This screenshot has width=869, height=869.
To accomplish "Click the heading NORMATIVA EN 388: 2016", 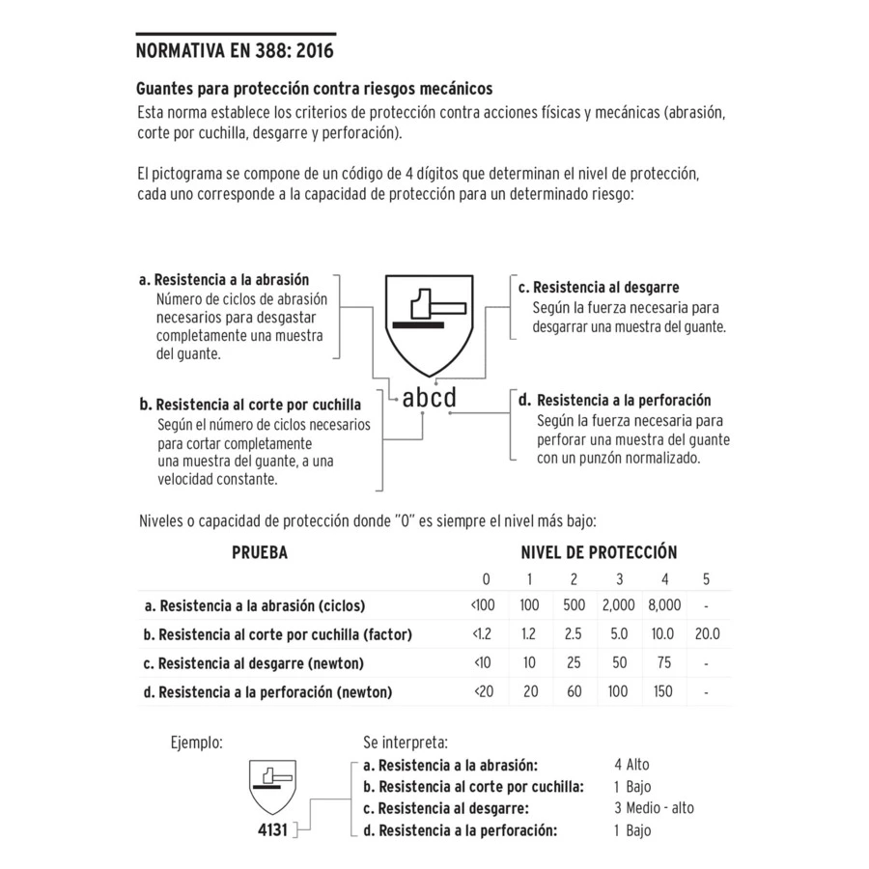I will pos(236,50).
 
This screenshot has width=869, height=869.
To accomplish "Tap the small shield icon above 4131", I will pos(272,786).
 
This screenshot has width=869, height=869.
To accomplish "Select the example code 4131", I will pos(272,829).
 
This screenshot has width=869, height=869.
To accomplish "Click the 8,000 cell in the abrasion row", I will pos(664,605).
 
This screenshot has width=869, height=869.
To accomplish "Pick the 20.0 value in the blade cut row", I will pos(707,634).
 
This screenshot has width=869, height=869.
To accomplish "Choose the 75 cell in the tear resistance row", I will pos(664,663).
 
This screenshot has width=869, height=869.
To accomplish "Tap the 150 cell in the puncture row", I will pos(664,691).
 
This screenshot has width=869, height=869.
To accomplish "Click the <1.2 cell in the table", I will pos(482,634).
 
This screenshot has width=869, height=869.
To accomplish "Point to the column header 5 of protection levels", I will pos(707,579).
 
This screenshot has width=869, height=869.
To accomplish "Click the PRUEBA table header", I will pos(260,553).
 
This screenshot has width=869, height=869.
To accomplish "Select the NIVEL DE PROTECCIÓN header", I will pos(599,553).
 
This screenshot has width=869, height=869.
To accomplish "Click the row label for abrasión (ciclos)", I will pos(255,606).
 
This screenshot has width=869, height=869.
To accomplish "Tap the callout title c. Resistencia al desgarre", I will pos(599,288).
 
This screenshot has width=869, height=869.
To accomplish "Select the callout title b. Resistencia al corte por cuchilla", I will pos(250,405).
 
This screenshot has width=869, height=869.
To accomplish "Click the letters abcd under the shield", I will pos(429,398).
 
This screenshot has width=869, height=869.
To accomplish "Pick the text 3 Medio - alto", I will pos(654,807).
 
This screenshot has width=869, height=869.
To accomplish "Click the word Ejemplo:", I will pos(197,743).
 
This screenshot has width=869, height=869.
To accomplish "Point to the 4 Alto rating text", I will pos(631,765).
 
